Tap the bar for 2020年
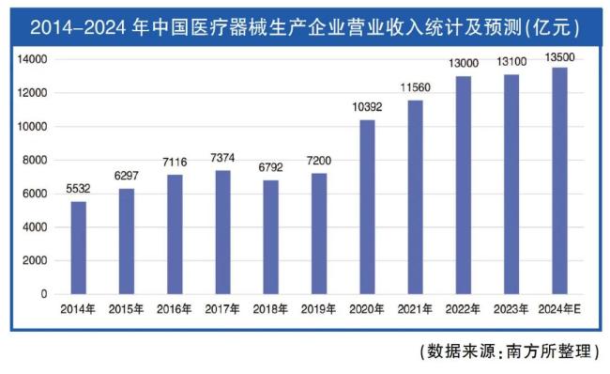tap(367, 207)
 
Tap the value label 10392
tap(367, 108)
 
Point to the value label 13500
tap(560, 57)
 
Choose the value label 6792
tap(270, 168)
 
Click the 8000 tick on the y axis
tap(35, 160)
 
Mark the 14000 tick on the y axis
tap(32, 59)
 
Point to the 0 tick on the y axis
tap(43, 294)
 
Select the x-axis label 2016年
tap(175, 309)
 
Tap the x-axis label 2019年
tap(319, 309)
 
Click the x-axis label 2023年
tap(511, 309)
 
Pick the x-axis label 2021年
tap(415, 309)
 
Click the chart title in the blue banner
tap(305, 28)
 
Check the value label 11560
tap(415, 88)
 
